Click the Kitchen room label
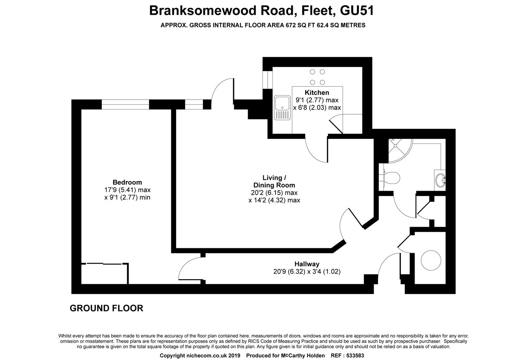317,93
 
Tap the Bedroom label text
127,182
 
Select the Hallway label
307,264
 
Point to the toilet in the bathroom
390,178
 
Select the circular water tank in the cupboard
431,260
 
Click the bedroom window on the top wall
125,104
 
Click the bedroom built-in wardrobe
104,274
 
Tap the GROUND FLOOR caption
106,308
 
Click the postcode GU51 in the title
357,10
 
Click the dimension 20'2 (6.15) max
274,193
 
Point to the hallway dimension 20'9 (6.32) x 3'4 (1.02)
307,272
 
